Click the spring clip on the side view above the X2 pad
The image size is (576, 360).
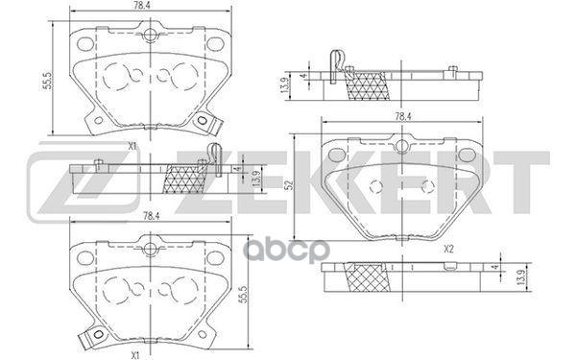coord(335,62)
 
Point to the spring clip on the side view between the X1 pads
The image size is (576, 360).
coord(213,153)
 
